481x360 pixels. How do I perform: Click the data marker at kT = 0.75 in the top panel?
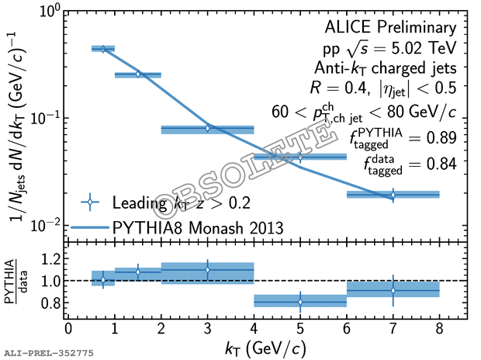click(x=103, y=49)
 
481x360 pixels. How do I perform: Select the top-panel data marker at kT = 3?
click(x=207, y=128)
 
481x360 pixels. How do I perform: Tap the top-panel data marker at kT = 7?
click(x=393, y=194)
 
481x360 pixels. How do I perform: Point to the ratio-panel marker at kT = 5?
click(x=300, y=301)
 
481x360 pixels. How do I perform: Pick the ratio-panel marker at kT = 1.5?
click(x=138, y=271)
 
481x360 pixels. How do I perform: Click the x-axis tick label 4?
click(x=254, y=328)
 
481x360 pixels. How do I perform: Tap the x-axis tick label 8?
click(x=439, y=328)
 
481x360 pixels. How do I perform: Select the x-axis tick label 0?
click(x=68, y=328)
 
